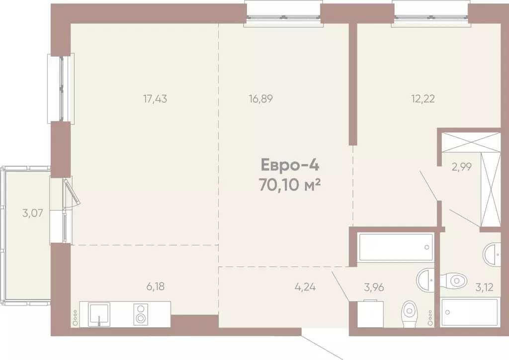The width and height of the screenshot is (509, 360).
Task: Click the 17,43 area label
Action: (155, 98)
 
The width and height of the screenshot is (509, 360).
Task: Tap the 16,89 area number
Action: (261, 98)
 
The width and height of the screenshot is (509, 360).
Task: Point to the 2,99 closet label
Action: (461, 167)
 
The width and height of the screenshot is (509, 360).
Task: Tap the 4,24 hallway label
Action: (305, 286)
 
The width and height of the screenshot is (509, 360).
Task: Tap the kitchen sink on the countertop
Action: (102, 314)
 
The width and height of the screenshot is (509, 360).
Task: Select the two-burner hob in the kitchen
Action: (141, 314)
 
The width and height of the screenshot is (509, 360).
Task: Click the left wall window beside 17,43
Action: (61, 89)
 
